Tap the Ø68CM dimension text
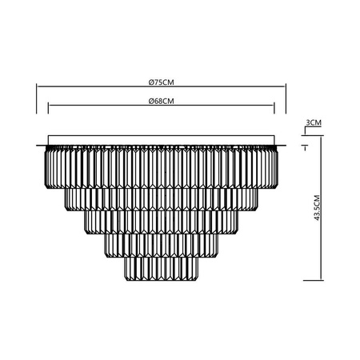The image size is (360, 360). click(x=162, y=102)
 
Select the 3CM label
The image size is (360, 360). click(x=314, y=122)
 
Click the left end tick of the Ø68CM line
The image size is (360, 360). click(x=49, y=109)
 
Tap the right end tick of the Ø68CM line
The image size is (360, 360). click(x=275, y=109)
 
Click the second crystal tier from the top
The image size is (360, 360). click(x=162, y=199)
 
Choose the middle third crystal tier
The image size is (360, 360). click(x=162, y=222)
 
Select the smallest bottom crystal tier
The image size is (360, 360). click(x=162, y=269)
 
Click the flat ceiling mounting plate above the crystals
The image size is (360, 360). click(x=162, y=140)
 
